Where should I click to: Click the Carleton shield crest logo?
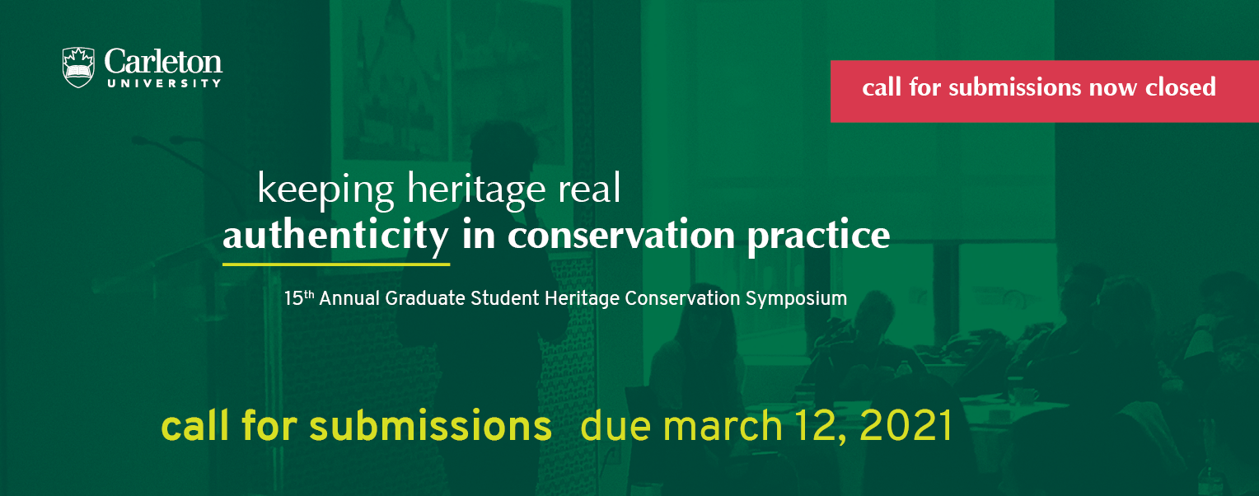pyautogui.click(x=78, y=68)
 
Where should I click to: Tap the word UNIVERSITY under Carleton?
pyautogui.click(x=164, y=83)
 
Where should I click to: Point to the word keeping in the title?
pyautogui.click(x=325, y=190)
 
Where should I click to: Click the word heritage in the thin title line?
pyautogui.click(x=476, y=190)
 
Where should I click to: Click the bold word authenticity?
pyautogui.click(x=335, y=236)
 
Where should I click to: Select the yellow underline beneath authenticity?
pyautogui.click(x=336, y=264)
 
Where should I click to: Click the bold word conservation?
pyautogui.click(x=621, y=235)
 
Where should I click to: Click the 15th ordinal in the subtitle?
pyautogui.click(x=298, y=297)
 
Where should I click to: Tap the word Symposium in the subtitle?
pyautogui.click(x=796, y=299)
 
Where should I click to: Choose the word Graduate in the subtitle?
pyautogui.click(x=425, y=297)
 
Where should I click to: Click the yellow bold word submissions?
pyautogui.click(x=430, y=426)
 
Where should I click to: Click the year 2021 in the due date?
pyautogui.click(x=906, y=426)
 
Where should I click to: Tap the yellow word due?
pyautogui.click(x=615, y=426)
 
